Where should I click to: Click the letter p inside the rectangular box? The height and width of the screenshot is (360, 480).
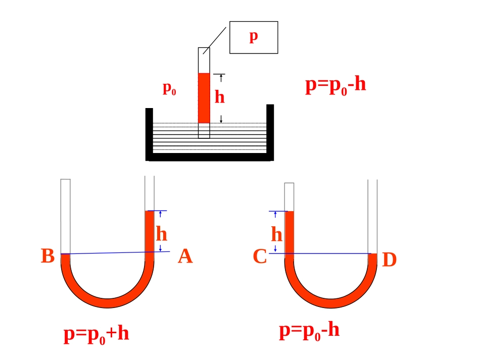254,37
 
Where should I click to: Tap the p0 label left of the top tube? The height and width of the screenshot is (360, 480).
169,89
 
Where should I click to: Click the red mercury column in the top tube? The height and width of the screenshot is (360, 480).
204,98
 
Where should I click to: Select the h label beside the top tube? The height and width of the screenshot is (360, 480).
219,96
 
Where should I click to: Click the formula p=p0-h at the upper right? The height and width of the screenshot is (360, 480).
335,86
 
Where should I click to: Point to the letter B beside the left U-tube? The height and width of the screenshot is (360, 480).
48,255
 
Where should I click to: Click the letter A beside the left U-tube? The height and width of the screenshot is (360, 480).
185,256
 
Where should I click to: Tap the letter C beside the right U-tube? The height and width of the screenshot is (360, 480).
260,256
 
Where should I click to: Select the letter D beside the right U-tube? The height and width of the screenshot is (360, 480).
390,260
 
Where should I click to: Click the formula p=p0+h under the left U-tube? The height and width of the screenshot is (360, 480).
96,334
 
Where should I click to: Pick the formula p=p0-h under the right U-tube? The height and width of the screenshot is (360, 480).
309,331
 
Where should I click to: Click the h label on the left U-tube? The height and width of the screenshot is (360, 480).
161,234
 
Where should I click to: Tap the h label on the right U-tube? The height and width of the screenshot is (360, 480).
276,235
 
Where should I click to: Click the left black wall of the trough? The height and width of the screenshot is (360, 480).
149,134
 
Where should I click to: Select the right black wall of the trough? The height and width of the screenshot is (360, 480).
270,132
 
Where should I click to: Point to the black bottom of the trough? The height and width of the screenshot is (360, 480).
210,157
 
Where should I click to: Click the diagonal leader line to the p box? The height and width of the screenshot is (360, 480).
215,41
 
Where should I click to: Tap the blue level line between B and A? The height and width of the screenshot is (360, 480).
115,252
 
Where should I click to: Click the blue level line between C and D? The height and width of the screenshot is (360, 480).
320,253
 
